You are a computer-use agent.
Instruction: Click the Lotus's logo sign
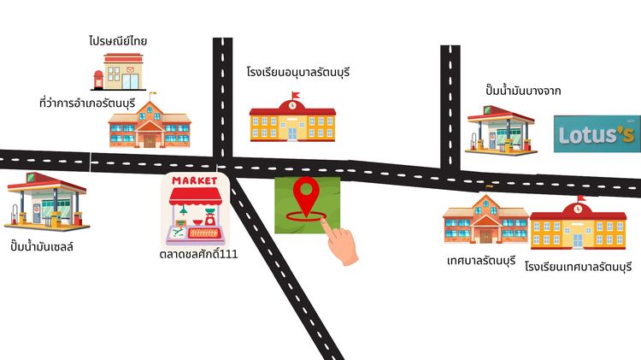[597, 133]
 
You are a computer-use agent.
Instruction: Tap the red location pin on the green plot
[306, 199]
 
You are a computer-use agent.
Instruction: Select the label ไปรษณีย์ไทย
[118, 41]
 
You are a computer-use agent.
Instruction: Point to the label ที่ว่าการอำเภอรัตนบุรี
[87, 103]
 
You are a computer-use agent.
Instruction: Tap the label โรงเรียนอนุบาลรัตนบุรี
[298, 73]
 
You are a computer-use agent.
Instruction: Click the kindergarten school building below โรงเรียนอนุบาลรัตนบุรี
[292, 117]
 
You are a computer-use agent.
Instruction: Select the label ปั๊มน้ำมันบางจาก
[523, 90]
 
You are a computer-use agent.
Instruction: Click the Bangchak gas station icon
[501, 131]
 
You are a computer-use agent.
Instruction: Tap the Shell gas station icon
[46, 200]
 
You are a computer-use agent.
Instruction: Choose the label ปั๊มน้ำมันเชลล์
[42, 246]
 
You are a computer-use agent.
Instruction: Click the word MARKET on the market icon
[195, 180]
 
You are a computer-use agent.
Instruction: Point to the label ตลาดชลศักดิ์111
[198, 254]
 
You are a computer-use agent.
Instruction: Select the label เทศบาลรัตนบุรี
[481, 261]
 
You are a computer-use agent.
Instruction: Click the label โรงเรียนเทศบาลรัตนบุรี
[579, 267]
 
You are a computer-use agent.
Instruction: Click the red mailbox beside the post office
[98, 80]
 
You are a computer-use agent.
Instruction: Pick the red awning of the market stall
[196, 197]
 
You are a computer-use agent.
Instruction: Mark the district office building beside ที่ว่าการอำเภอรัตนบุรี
[150, 123]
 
